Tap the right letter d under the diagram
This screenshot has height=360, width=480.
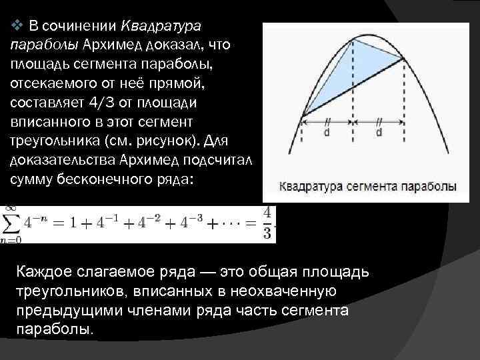[378, 133]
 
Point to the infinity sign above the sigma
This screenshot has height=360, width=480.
[11, 209]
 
